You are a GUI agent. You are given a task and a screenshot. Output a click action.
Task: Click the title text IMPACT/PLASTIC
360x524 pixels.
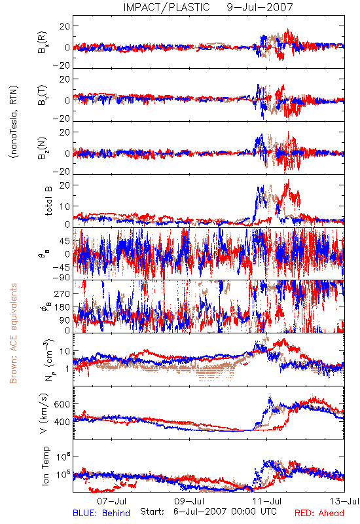(x=166, y=7)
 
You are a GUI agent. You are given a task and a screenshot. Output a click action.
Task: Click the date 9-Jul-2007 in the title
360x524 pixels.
(x=260, y=7)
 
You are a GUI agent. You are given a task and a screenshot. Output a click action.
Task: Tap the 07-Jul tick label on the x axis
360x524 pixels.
(x=111, y=501)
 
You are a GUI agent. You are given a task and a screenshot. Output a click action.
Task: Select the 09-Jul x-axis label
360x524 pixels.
(x=189, y=501)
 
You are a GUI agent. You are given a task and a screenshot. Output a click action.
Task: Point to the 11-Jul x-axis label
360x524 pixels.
(x=267, y=501)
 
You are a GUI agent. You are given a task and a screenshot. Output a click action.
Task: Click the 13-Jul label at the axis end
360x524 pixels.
(x=344, y=501)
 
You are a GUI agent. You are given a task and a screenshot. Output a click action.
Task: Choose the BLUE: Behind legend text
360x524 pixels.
(x=101, y=513)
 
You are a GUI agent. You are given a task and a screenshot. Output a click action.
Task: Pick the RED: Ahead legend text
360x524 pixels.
(x=319, y=513)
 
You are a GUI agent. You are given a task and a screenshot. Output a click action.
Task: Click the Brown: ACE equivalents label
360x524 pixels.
(x=13, y=333)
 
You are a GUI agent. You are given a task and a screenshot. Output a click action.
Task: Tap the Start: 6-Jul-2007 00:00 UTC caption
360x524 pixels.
(x=208, y=512)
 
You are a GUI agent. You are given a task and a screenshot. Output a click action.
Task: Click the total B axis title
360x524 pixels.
(x=48, y=201)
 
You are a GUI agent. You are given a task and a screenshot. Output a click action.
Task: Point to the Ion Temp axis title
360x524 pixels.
(x=45, y=466)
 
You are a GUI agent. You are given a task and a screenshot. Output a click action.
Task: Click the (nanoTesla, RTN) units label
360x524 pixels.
(x=14, y=121)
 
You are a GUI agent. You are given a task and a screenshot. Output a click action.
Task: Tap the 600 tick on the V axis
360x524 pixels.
(x=63, y=404)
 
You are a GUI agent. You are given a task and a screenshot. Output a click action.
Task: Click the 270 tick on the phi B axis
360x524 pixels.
(x=62, y=294)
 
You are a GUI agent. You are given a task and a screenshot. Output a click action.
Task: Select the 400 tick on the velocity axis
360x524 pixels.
(x=63, y=422)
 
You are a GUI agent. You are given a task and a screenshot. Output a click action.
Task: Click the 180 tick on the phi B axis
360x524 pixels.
(x=62, y=307)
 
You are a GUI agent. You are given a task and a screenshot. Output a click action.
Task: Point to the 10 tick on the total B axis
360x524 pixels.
(x=65, y=206)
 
